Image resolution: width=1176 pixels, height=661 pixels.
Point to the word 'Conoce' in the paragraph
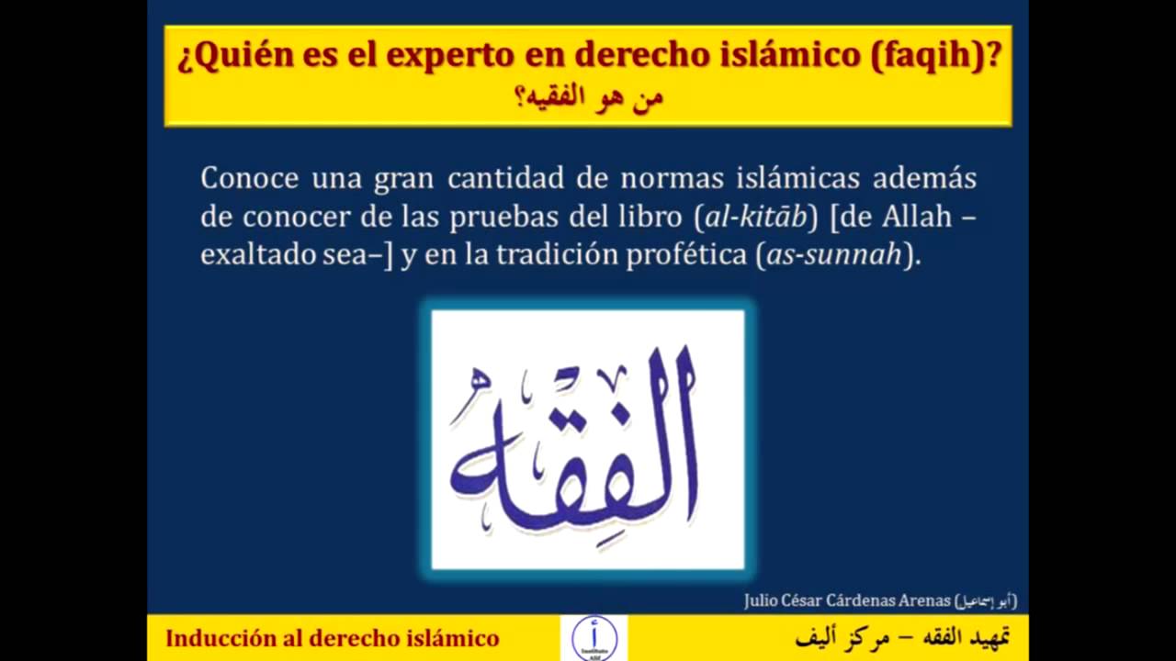tap(250, 177)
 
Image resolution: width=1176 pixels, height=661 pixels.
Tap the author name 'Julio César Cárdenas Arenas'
tap(846, 601)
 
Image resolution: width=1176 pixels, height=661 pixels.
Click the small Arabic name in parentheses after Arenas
tap(986, 601)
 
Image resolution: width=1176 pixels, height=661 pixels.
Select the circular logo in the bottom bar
tap(594, 637)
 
